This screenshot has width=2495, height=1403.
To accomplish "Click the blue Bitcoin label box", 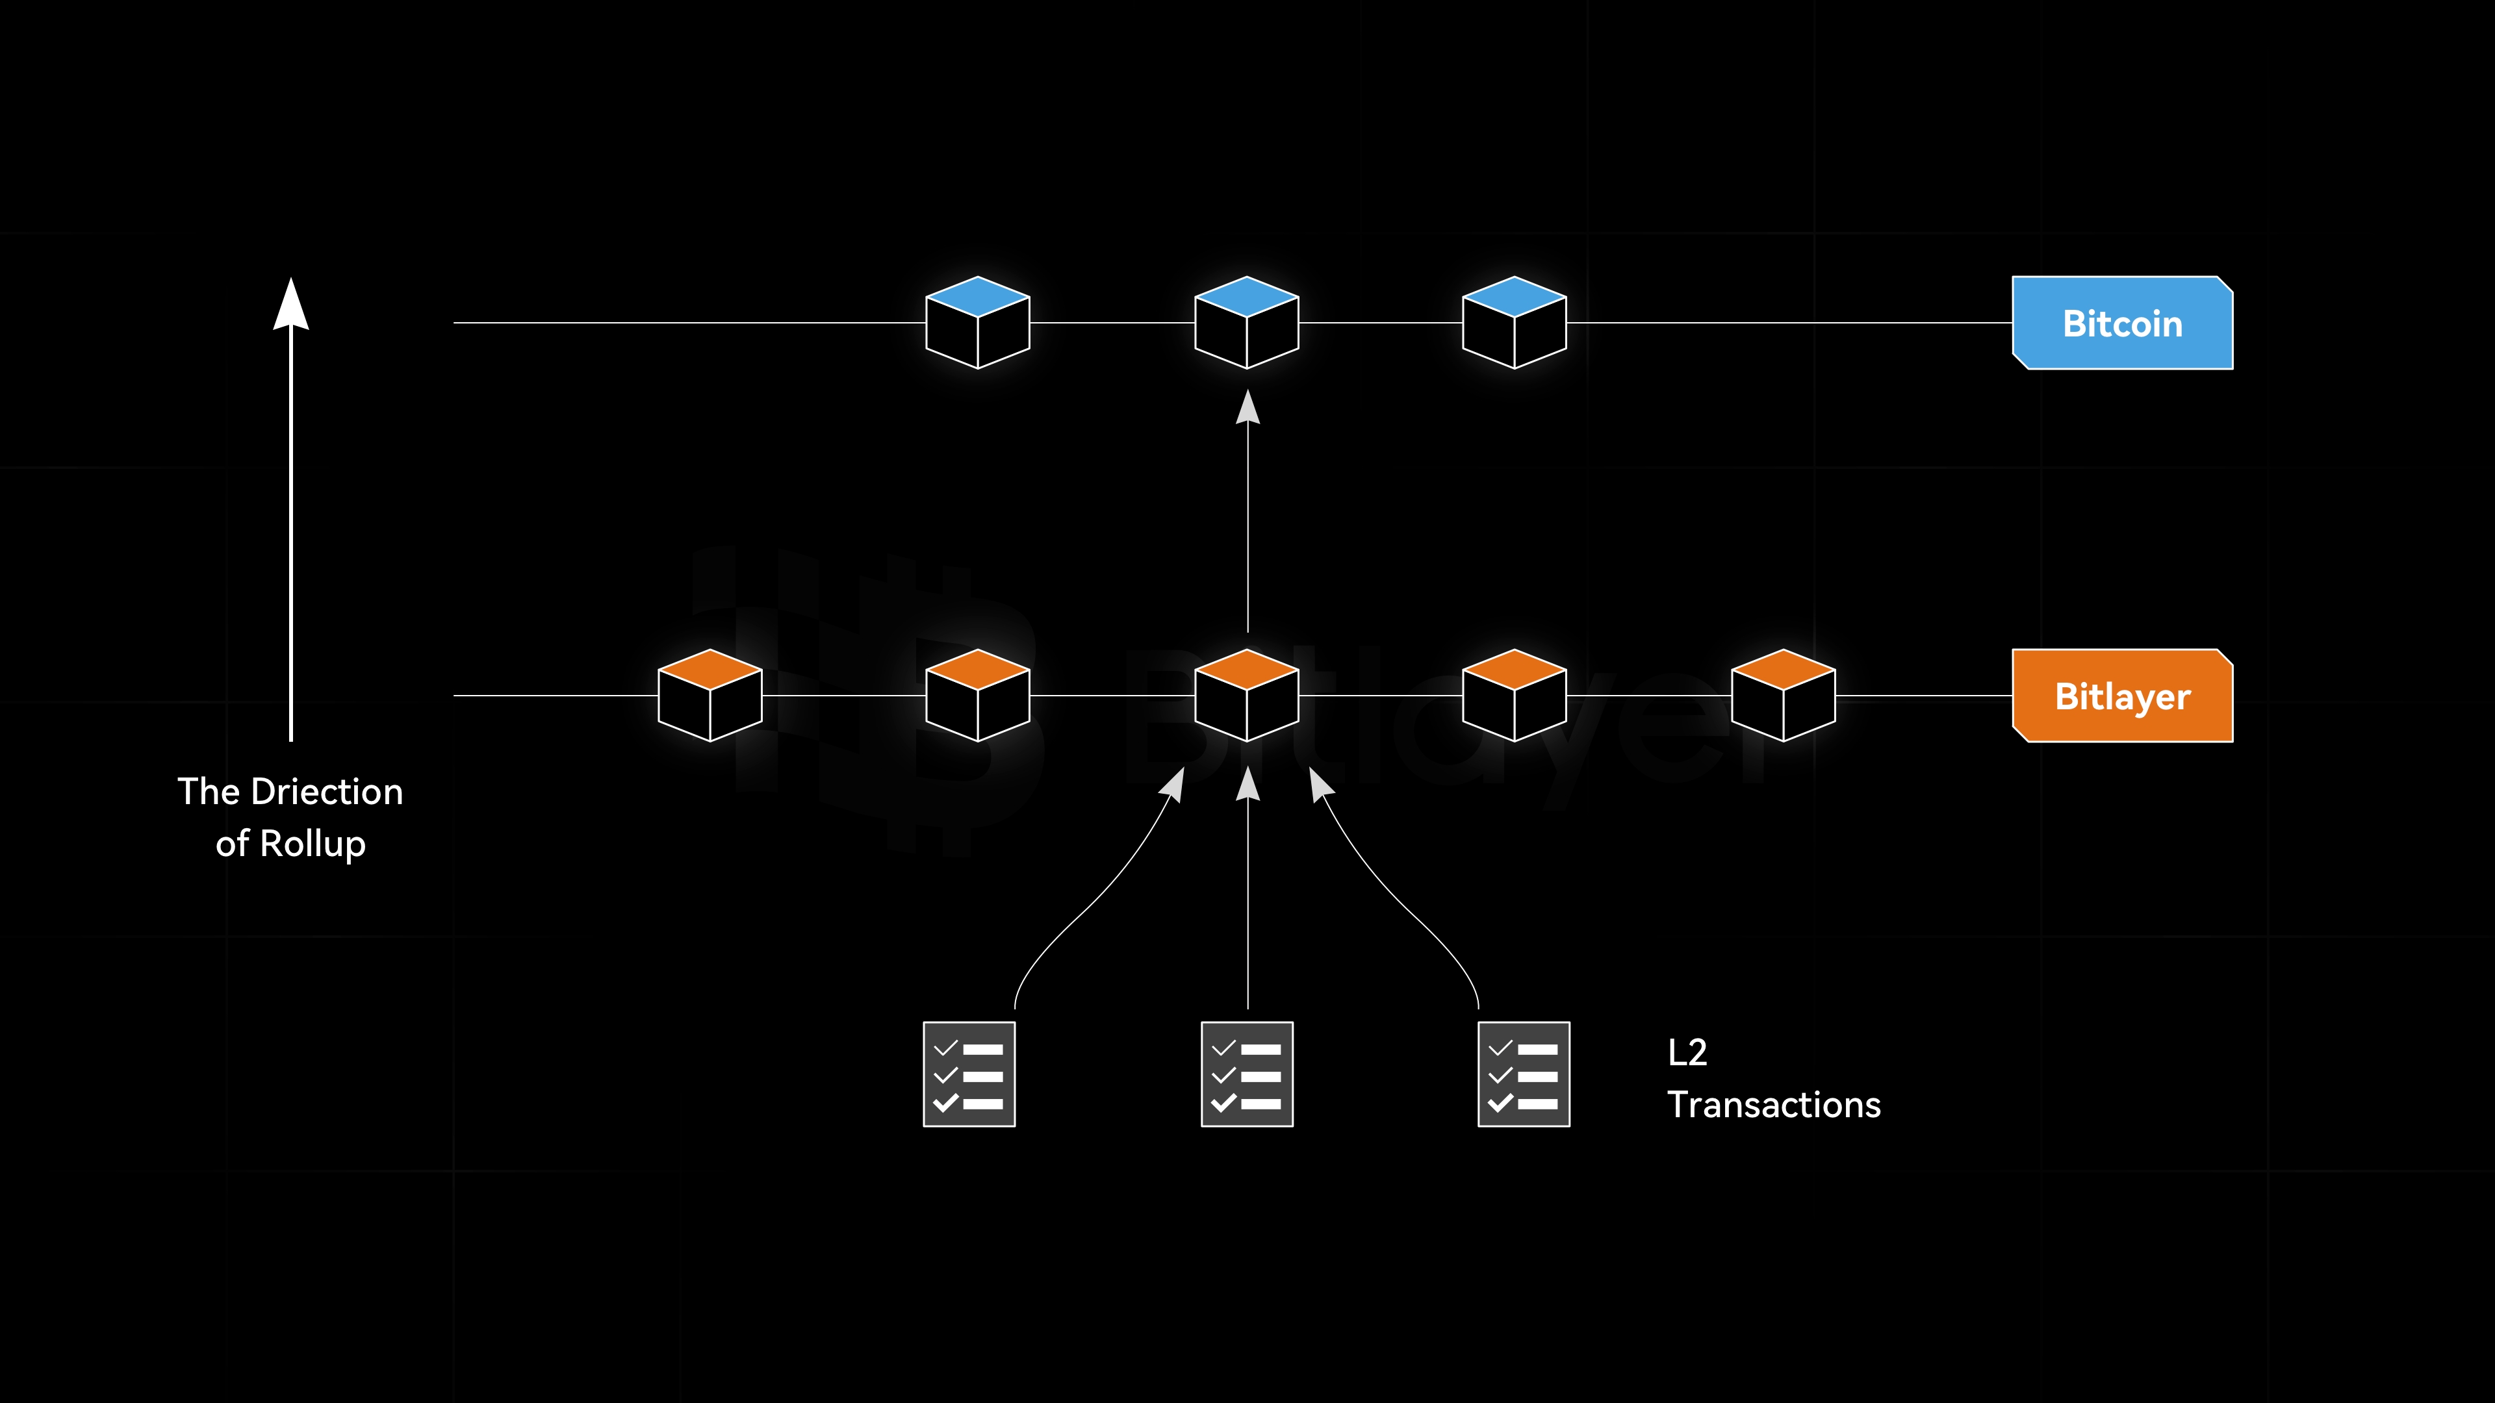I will [2122, 323].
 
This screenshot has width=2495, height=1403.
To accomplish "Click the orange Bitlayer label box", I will [2122, 696].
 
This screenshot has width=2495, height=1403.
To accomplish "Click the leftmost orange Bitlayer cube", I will [710, 695].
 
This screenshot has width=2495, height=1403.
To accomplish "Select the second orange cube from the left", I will [977, 695].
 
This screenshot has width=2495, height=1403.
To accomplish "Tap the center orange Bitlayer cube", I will [1247, 695].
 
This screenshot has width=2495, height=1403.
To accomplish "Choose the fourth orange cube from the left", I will [1514, 695].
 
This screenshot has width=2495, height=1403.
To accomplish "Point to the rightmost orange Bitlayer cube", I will [1783, 695].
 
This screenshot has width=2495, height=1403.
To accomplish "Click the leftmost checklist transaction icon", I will [969, 1074].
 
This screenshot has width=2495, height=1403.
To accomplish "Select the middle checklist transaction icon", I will [1247, 1074].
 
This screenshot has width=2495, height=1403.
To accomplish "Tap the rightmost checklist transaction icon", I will [1524, 1074].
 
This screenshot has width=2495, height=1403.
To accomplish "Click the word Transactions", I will [1773, 1105].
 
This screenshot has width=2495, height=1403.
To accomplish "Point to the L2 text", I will [1687, 1052].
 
